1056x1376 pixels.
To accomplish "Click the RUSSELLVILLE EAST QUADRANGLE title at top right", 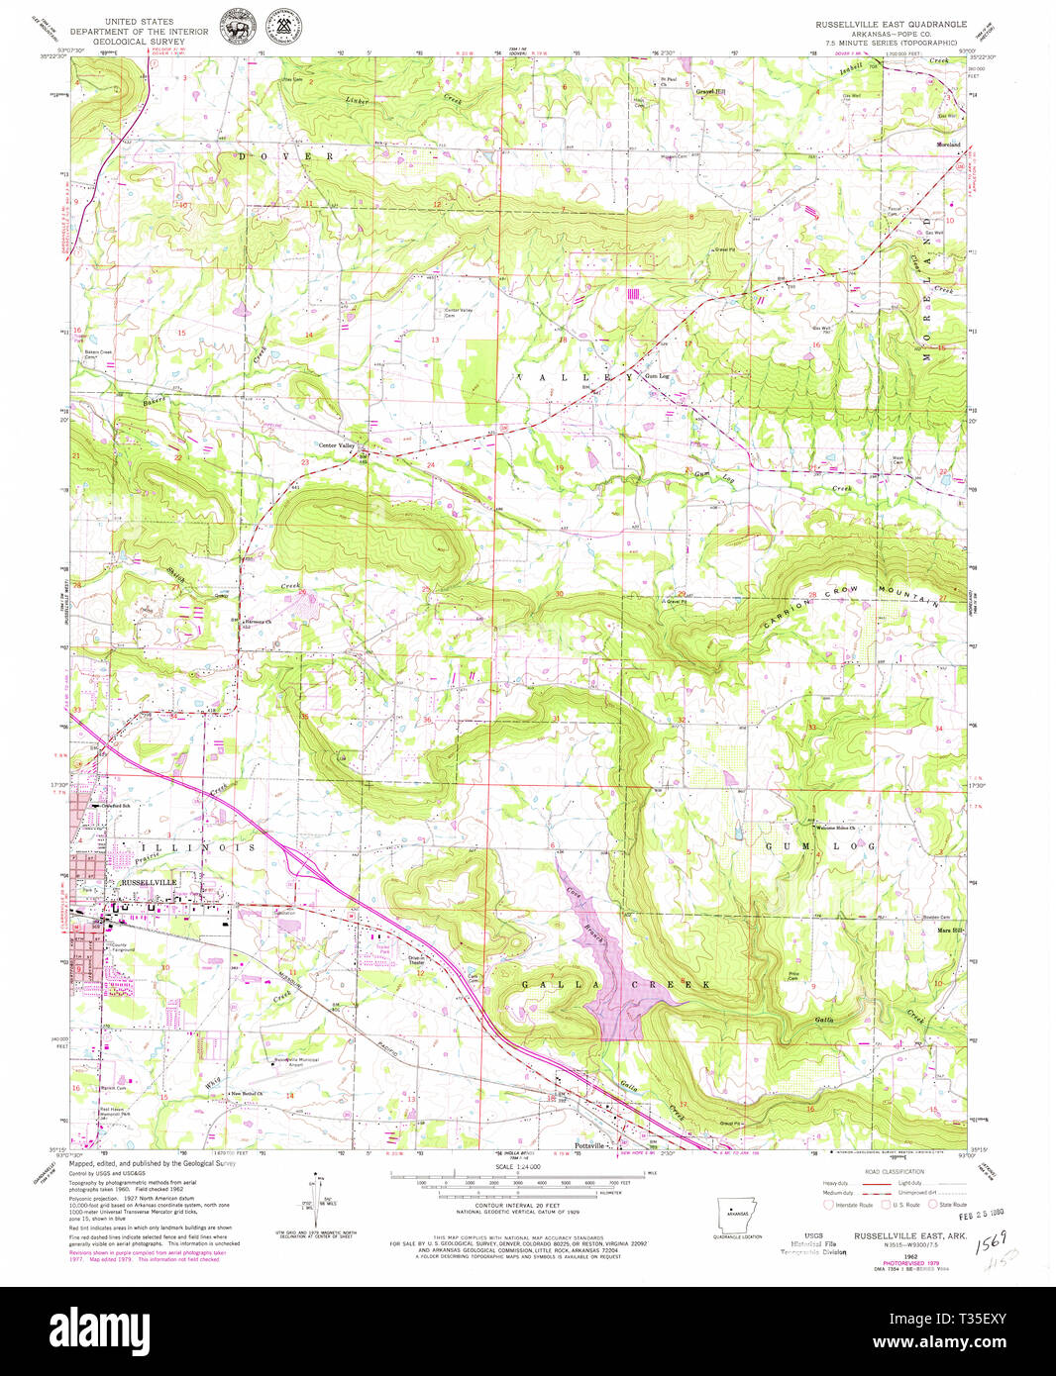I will coord(887,22).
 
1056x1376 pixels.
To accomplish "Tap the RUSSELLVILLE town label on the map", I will coord(148,882).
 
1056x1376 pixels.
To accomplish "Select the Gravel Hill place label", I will coord(710,92).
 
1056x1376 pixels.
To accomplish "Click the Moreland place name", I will coord(948,145).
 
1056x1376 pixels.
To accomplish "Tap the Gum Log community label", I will coord(657,376).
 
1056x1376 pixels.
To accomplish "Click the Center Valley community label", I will coord(336,445).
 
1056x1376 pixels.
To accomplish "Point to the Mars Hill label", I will coord(951,931).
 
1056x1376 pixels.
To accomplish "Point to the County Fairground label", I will coord(122,947).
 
